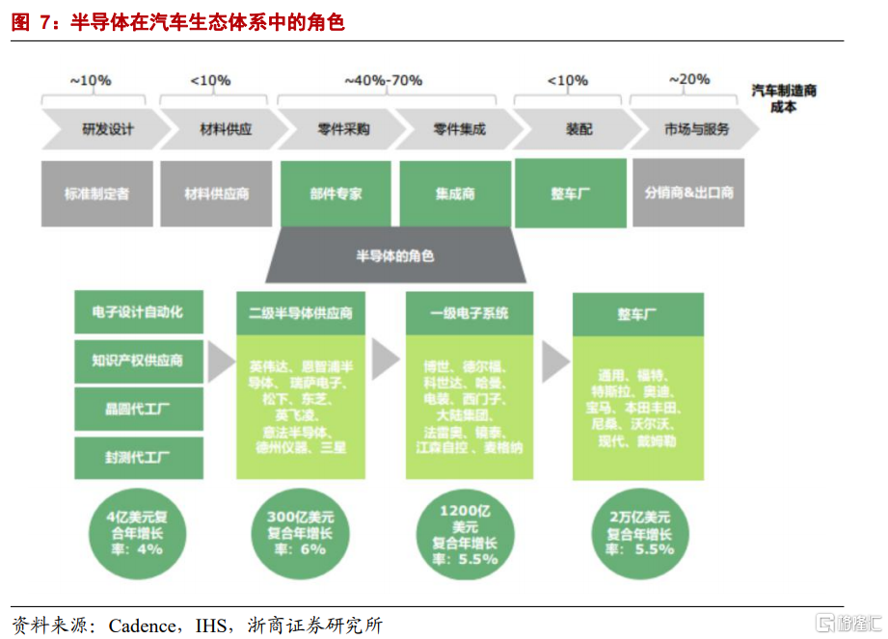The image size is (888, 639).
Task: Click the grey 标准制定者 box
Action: tap(96, 193)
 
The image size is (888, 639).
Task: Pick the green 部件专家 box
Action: tap(336, 193)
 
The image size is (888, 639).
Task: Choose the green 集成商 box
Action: tap(455, 193)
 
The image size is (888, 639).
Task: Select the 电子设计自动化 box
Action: tap(138, 311)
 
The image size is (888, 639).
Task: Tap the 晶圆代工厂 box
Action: tap(138, 409)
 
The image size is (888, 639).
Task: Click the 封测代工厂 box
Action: tap(138, 457)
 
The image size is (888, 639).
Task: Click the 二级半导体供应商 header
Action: tap(301, 312)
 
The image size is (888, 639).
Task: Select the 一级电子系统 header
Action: tap(470, 312)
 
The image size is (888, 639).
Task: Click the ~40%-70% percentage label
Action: tap(383, 80)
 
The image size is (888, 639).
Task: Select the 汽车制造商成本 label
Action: tap(784, 98)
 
